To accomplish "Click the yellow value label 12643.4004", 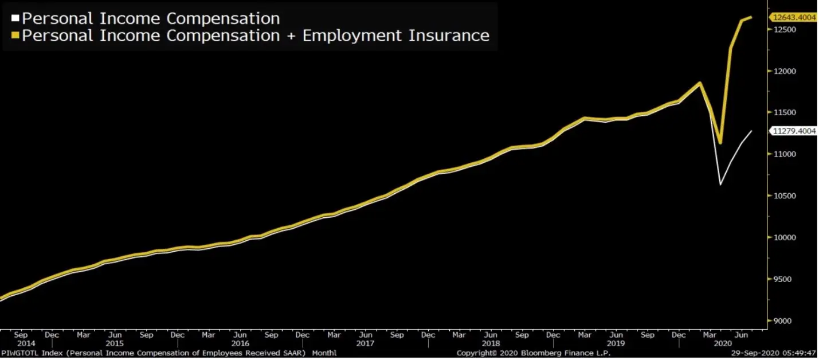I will [x=794, y=17].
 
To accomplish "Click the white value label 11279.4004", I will [x=794, y=131].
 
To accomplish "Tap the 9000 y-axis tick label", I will [x=783, y=321].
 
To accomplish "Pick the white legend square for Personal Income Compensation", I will [x=15, y=19].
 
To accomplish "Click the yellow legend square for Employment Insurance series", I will [x=15, y=36].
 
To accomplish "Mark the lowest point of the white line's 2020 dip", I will [x=720, y=185].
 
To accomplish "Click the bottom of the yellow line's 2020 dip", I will [x=720, y=143].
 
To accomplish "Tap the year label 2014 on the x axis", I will [x=20, y=343].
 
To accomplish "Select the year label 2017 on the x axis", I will [x=365, y=343].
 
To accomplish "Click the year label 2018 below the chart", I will [x=490, y=343].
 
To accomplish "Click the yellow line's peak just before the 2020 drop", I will [x=699, y=83].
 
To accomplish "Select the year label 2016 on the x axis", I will [x=240, y=343].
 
